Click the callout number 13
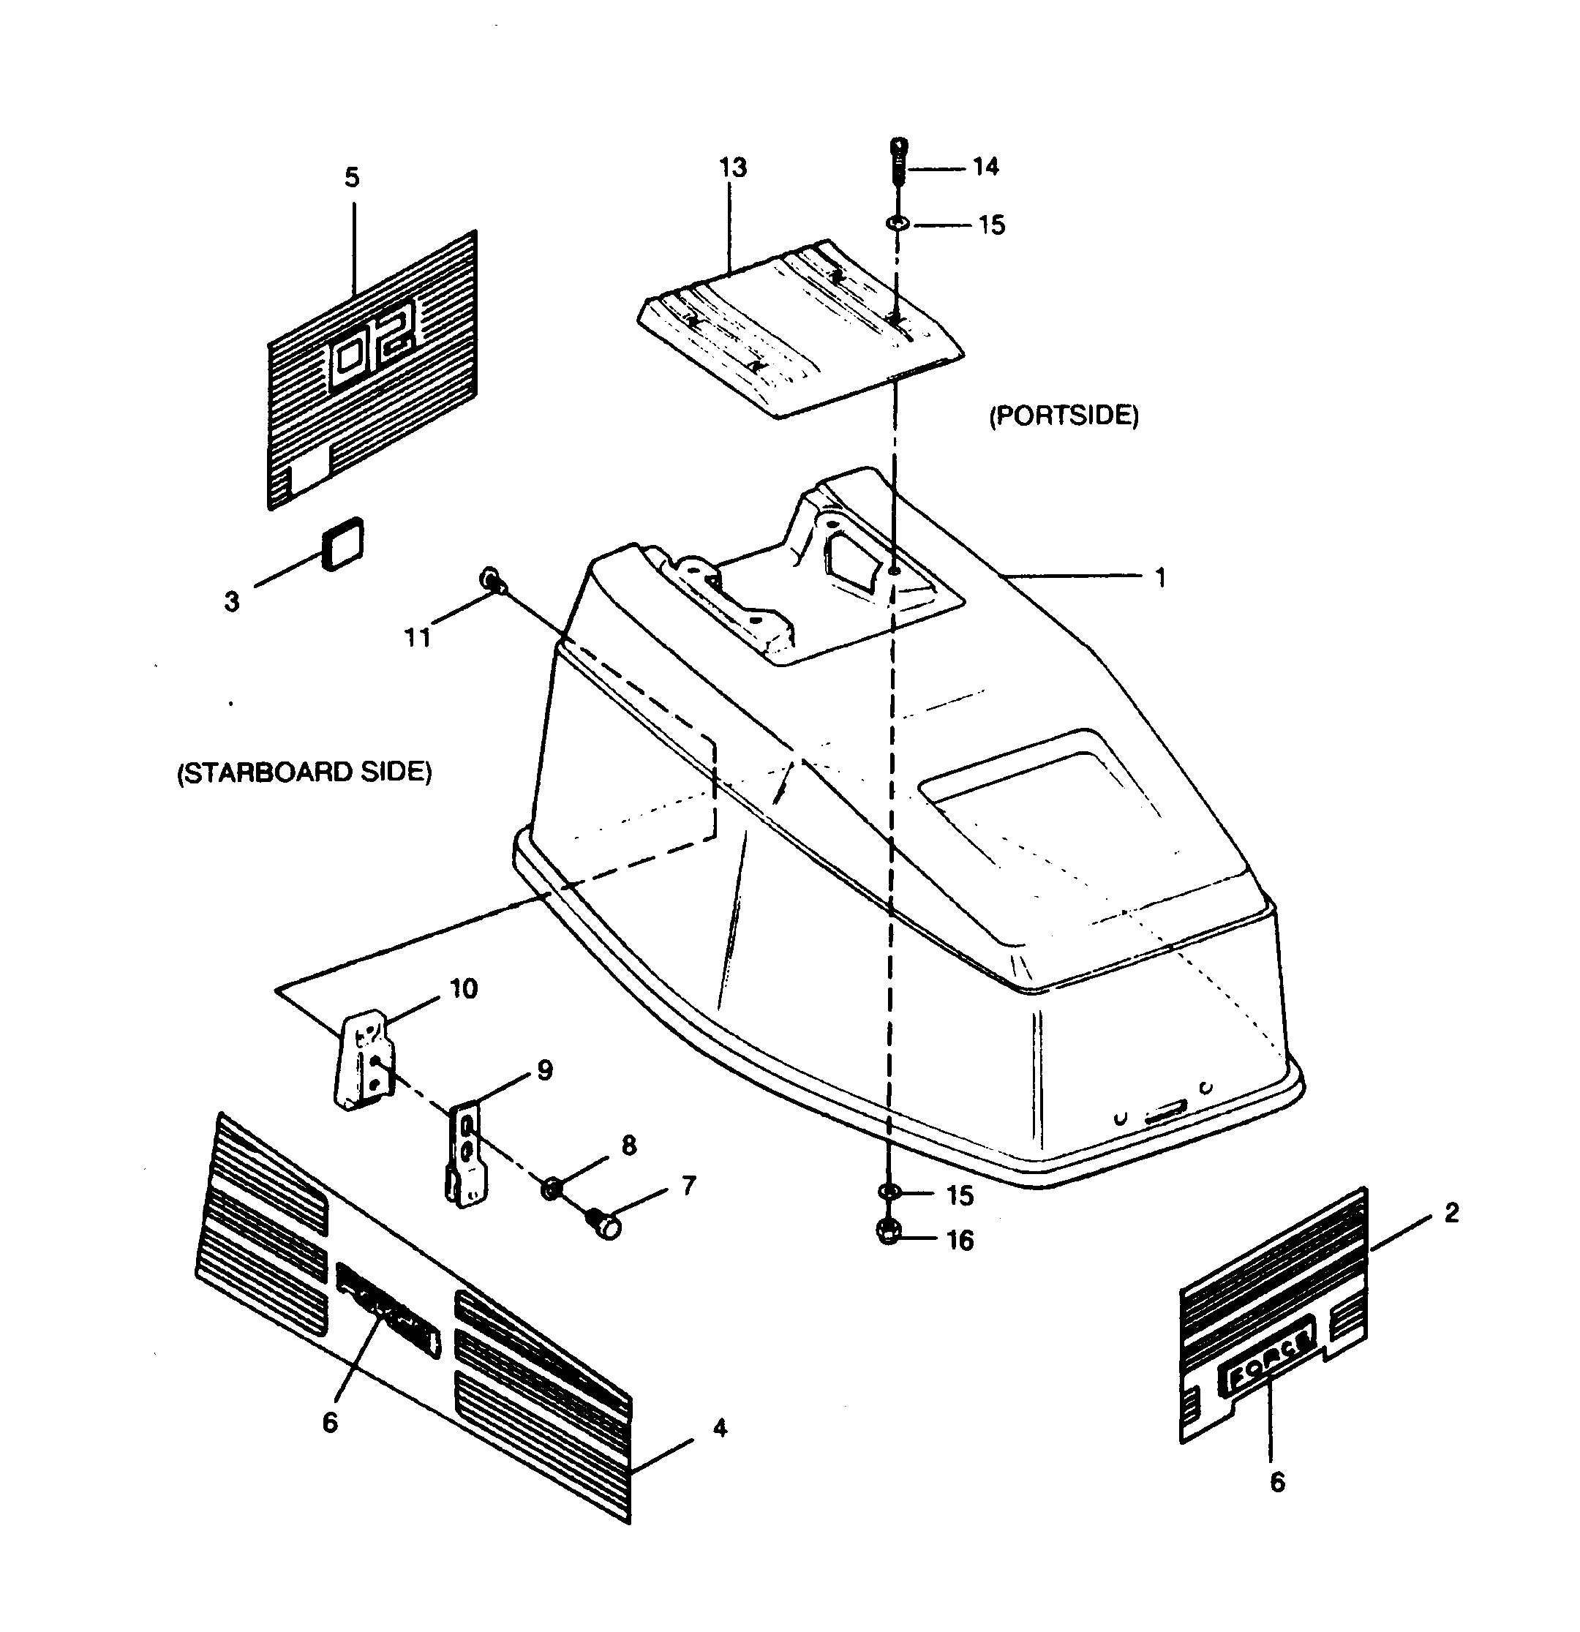732,168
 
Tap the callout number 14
985,168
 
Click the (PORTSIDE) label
1063,415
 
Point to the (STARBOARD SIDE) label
305,772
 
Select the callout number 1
1159,578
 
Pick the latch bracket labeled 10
364,1062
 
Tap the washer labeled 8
551,1189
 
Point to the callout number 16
960,1241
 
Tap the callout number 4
720,1428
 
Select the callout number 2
1451,1213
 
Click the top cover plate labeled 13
800,329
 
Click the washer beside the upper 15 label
898,224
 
